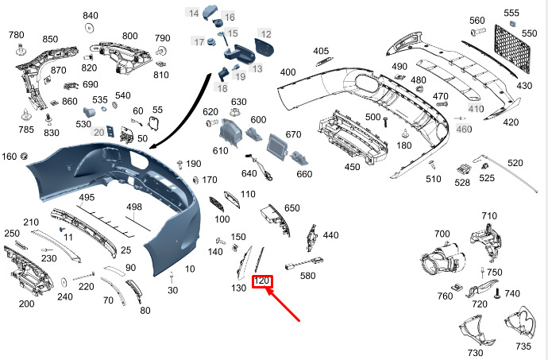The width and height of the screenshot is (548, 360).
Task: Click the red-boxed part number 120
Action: pyautogui.click(x=262, y=281)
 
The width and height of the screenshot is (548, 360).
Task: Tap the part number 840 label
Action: pyautogui.click(x=91, y=16)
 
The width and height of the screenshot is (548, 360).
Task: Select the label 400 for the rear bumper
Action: pyautogui.click(x=288, y=72)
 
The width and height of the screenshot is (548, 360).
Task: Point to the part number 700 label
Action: pyautogui.click(x=442, y=234)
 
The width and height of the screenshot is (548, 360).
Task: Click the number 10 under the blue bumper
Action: pyautogui.click(x=190, y=269)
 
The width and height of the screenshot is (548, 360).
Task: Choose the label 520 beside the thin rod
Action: pyautogui.click(x=515, y=163)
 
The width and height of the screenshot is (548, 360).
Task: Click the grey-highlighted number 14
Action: pyautogui.click(x=194, y=13)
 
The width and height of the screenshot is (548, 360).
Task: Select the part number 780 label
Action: pyautogui.click(x=17, y=35)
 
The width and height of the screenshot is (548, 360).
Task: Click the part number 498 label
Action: pyautogui.click(x=134, y=207)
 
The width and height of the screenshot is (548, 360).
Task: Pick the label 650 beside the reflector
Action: pyautogui.click(x=292, y=208)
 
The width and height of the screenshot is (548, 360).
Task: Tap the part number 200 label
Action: pyautogui.click(x=26, y=304)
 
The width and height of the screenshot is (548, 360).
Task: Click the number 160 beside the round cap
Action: pyautogui.click(x=9, y=156)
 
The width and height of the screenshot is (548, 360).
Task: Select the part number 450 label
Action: pyautogui.click(x=352, y=167)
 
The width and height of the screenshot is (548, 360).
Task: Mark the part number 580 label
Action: pyautogui.click(x=307, y=276)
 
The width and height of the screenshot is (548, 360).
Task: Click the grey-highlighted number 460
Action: pyautogui.click(x=464, y=129)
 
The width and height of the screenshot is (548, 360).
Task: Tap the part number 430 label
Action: pyautogui.click(x=524, y=85)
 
